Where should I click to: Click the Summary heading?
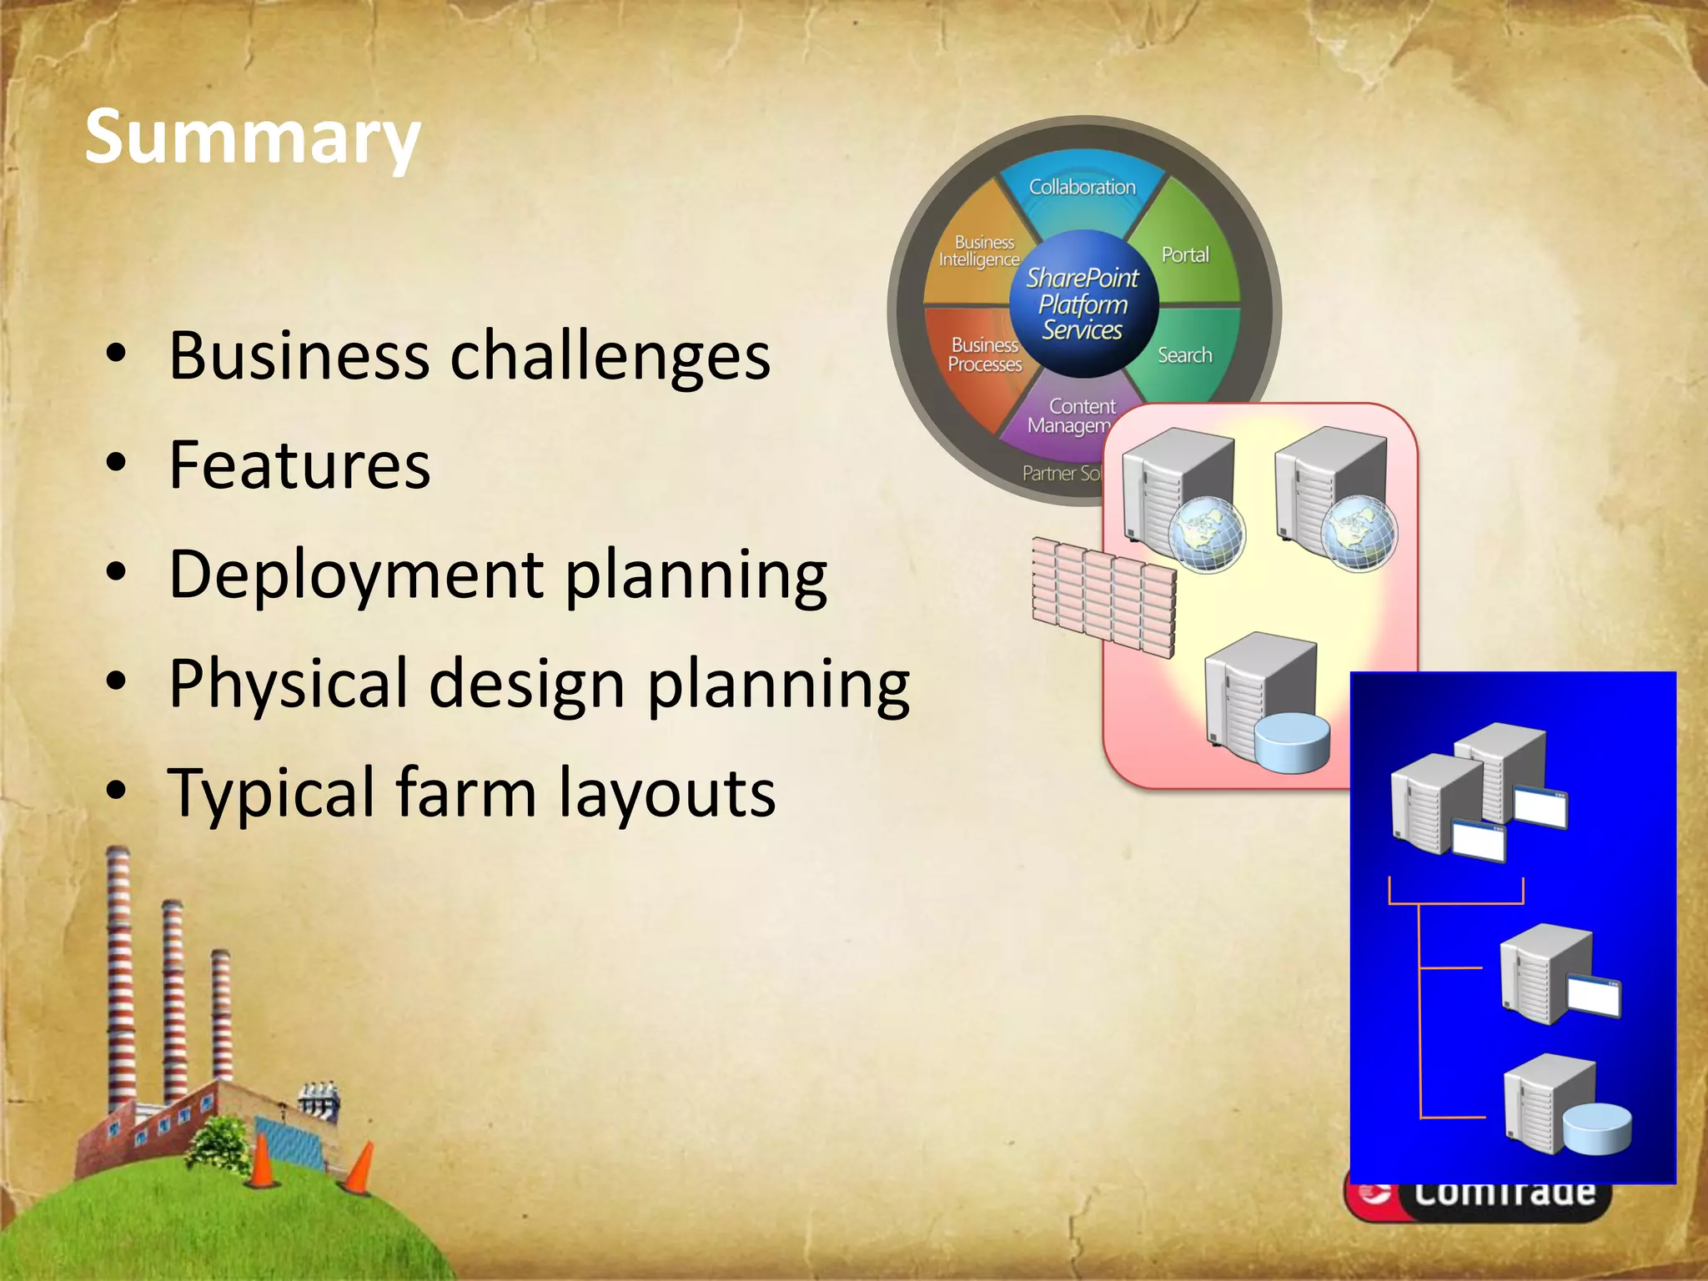(252, 138)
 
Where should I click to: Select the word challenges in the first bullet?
(610, 356)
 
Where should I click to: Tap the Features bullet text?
(299, 465)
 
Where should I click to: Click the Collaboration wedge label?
(1082, 187)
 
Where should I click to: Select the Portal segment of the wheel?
(1185, 254)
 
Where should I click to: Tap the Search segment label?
(1184, 355)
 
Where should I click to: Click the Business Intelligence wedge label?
(980, 251)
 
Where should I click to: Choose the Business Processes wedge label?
(985, 354)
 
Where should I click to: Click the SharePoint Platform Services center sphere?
(1083, 304)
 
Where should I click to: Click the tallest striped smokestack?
(119, 976)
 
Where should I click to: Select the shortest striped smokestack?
(221, 1013)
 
